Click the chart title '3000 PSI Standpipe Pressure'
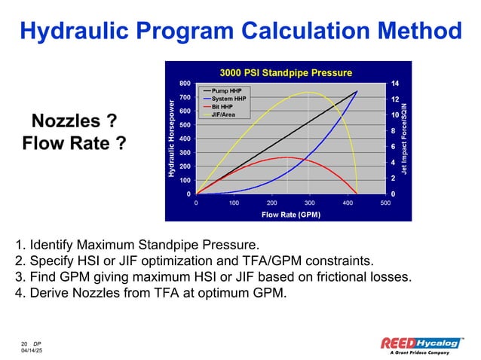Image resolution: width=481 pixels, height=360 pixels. (286, 72)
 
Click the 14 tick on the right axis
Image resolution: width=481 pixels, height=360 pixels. (394, 83)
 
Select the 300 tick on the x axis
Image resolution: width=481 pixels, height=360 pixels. (310, 203)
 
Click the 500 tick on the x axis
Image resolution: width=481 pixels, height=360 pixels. (385, 203)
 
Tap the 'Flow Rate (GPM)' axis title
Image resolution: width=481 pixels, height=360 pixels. (290, 215)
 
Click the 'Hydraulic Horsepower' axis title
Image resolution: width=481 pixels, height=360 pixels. (173, 139)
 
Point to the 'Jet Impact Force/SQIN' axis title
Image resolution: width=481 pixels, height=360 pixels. (405, 139)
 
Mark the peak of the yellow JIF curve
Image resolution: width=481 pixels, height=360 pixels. (308, 93)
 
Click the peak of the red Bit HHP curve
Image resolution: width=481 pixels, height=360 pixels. (286, 157)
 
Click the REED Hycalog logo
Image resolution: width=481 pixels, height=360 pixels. (421, 343)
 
